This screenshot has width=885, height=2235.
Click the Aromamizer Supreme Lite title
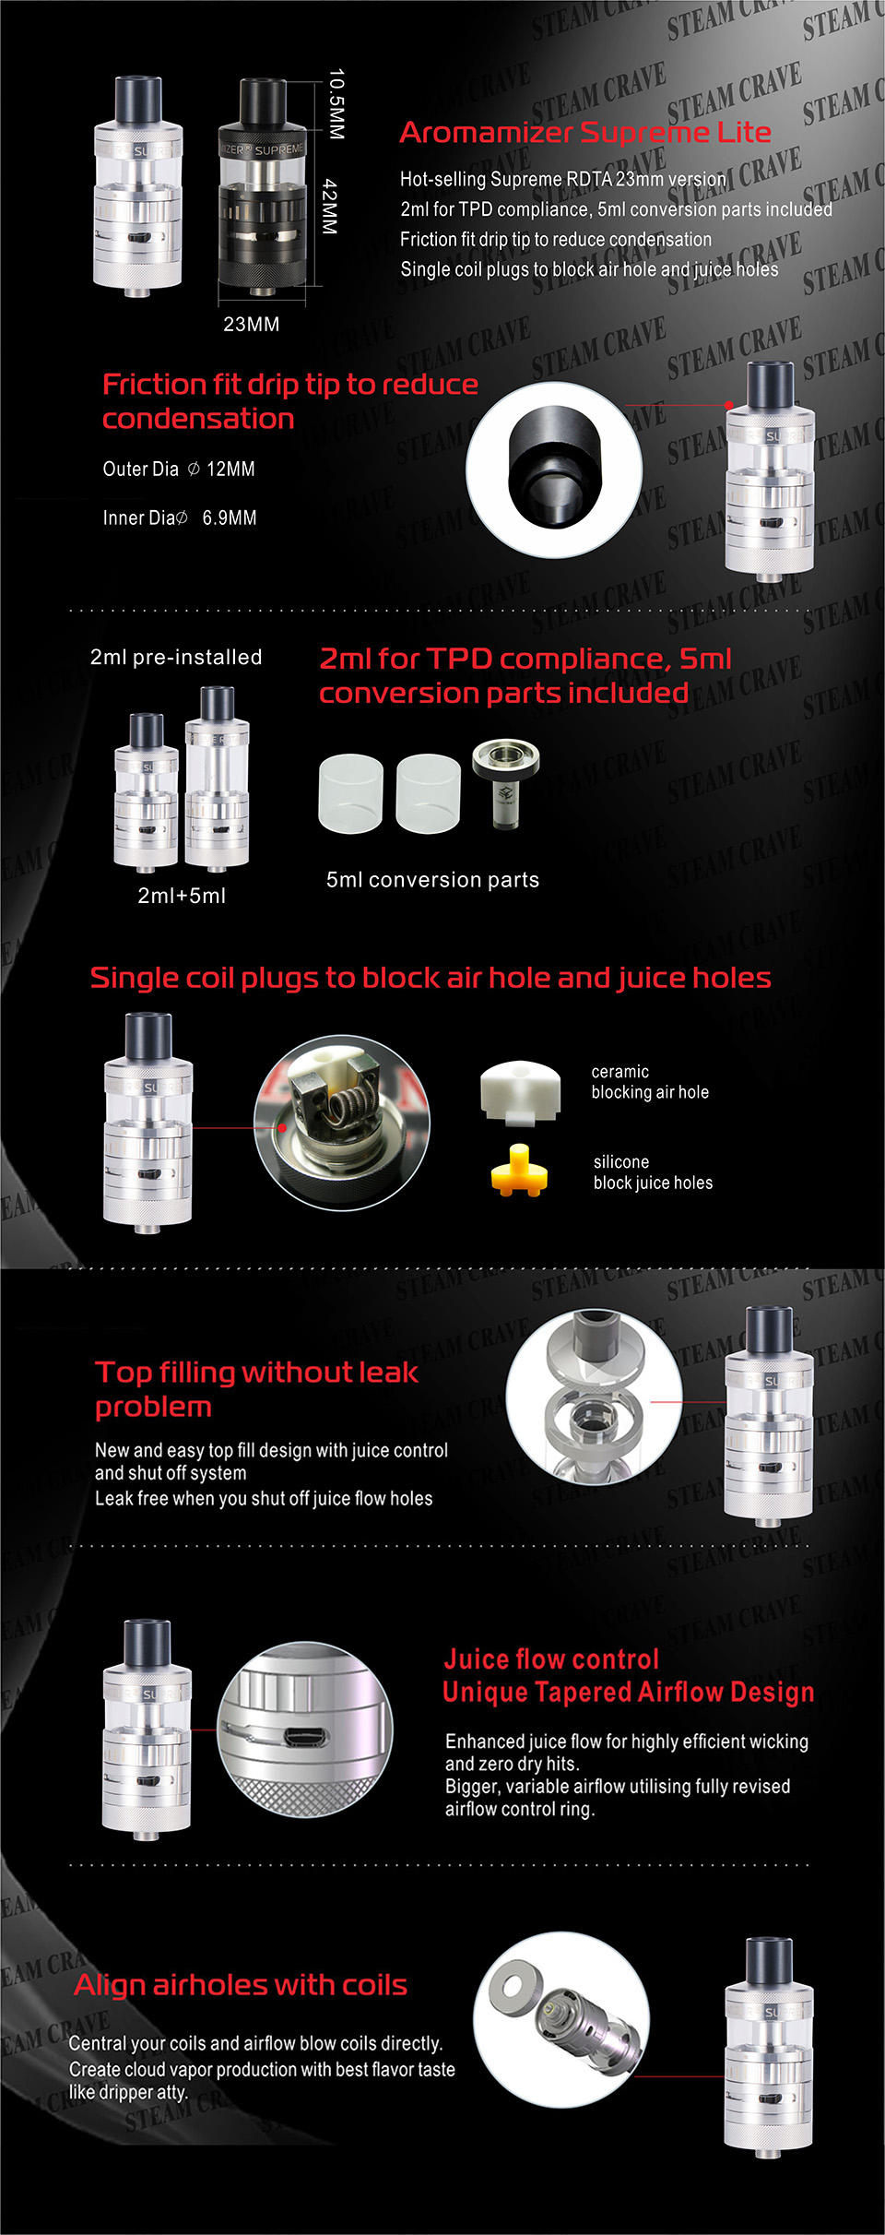(x=585, y=133)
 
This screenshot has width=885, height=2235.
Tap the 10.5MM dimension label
(x=336, y=104)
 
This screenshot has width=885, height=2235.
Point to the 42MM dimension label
(x=330, y=207)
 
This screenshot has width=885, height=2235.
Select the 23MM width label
(x=251, y=324)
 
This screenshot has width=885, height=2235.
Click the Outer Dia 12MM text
(x=179, y=469)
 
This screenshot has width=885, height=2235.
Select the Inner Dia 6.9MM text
(x=180, y=517)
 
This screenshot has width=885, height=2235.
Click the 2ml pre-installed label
(x=176, y=657)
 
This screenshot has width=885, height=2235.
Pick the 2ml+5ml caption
(x=182, y=895)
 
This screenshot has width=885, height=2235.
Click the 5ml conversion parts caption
(x=432, y=880)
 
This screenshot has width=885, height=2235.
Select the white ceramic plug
(x=521, y=1092)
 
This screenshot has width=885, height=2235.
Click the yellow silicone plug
(x=519, y=1171)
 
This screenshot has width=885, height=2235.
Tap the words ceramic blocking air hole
(x=650, y=1082)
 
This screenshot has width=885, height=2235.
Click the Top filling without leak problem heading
(x=256, y=1389)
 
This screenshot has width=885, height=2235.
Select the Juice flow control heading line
(x=551, y=1659)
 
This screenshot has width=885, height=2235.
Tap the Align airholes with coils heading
(x=241, y=1985)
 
